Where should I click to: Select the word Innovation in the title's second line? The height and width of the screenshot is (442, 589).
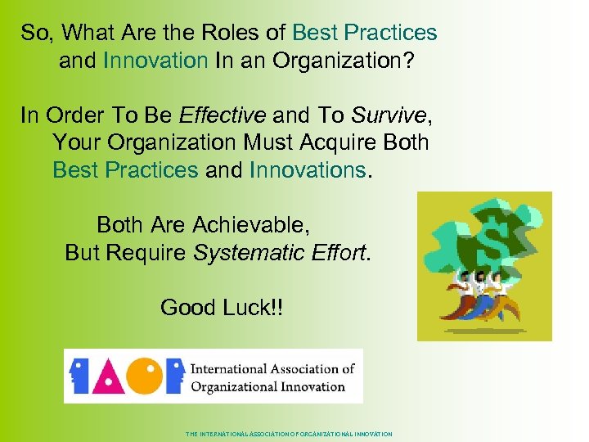coord(155,61)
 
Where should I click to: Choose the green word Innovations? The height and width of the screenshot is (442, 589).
coord(308,169)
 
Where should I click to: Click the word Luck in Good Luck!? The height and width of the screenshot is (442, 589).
coord(252,307)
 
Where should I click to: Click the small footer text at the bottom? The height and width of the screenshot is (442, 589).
coord(289,434)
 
